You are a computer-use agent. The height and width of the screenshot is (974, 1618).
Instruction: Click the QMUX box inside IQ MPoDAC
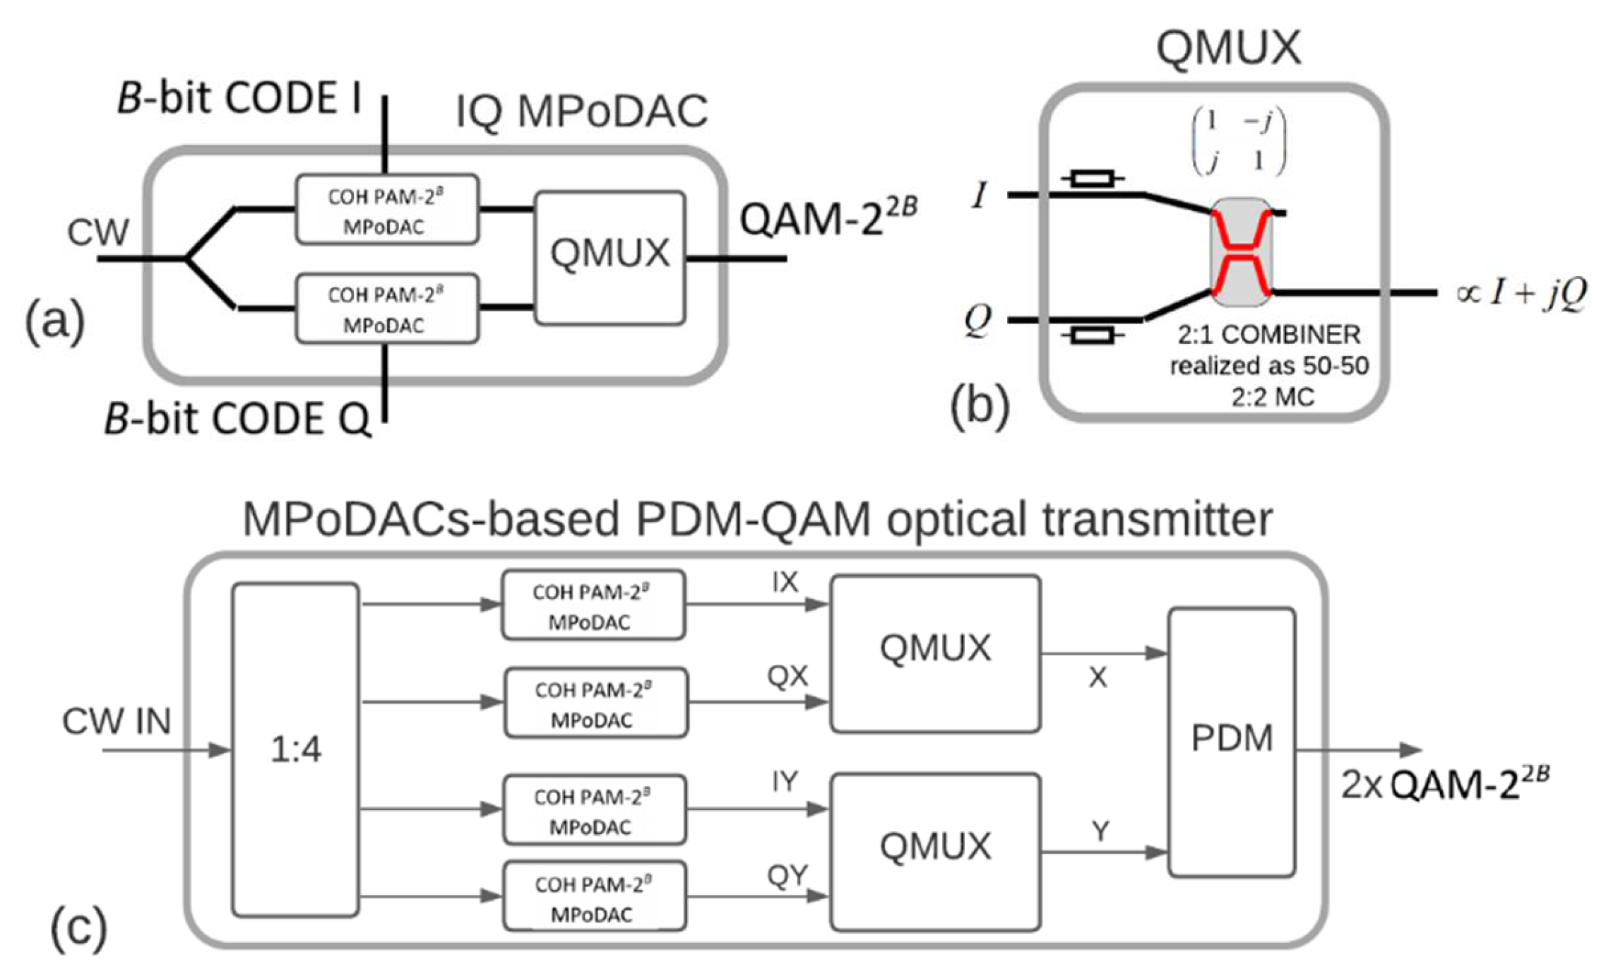[x=609, y=258]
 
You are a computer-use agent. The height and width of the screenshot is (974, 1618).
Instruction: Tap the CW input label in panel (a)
[x=97, y=232]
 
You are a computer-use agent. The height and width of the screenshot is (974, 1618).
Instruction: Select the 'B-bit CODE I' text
[x=239, y=97]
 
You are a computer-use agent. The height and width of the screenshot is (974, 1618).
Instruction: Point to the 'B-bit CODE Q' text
[x=237, y=418]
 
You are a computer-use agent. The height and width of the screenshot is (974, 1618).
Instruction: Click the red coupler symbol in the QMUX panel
[x=1241, y=252]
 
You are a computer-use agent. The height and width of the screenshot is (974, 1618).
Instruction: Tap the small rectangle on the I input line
[x=1092, y=179]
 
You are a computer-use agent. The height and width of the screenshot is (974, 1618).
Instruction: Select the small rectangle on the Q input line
[x=1092, y=335]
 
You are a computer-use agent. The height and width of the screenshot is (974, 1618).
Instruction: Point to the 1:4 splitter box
[x=295, y=749]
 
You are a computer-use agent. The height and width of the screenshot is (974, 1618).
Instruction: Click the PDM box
[x=1232, y=742]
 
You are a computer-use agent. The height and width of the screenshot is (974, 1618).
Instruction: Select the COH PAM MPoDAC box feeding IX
[x=593, y=605]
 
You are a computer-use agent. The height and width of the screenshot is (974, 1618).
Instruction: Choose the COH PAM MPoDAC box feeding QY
[x=594, y=897]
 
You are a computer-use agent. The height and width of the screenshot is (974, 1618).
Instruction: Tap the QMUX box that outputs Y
[x=934, y=852]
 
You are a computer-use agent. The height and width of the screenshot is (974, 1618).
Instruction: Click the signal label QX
[x=787, y=677]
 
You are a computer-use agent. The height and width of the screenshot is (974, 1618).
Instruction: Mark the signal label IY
[x=785, y=781]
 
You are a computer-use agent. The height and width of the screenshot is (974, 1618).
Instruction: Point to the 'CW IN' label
[x=117, y=721]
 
